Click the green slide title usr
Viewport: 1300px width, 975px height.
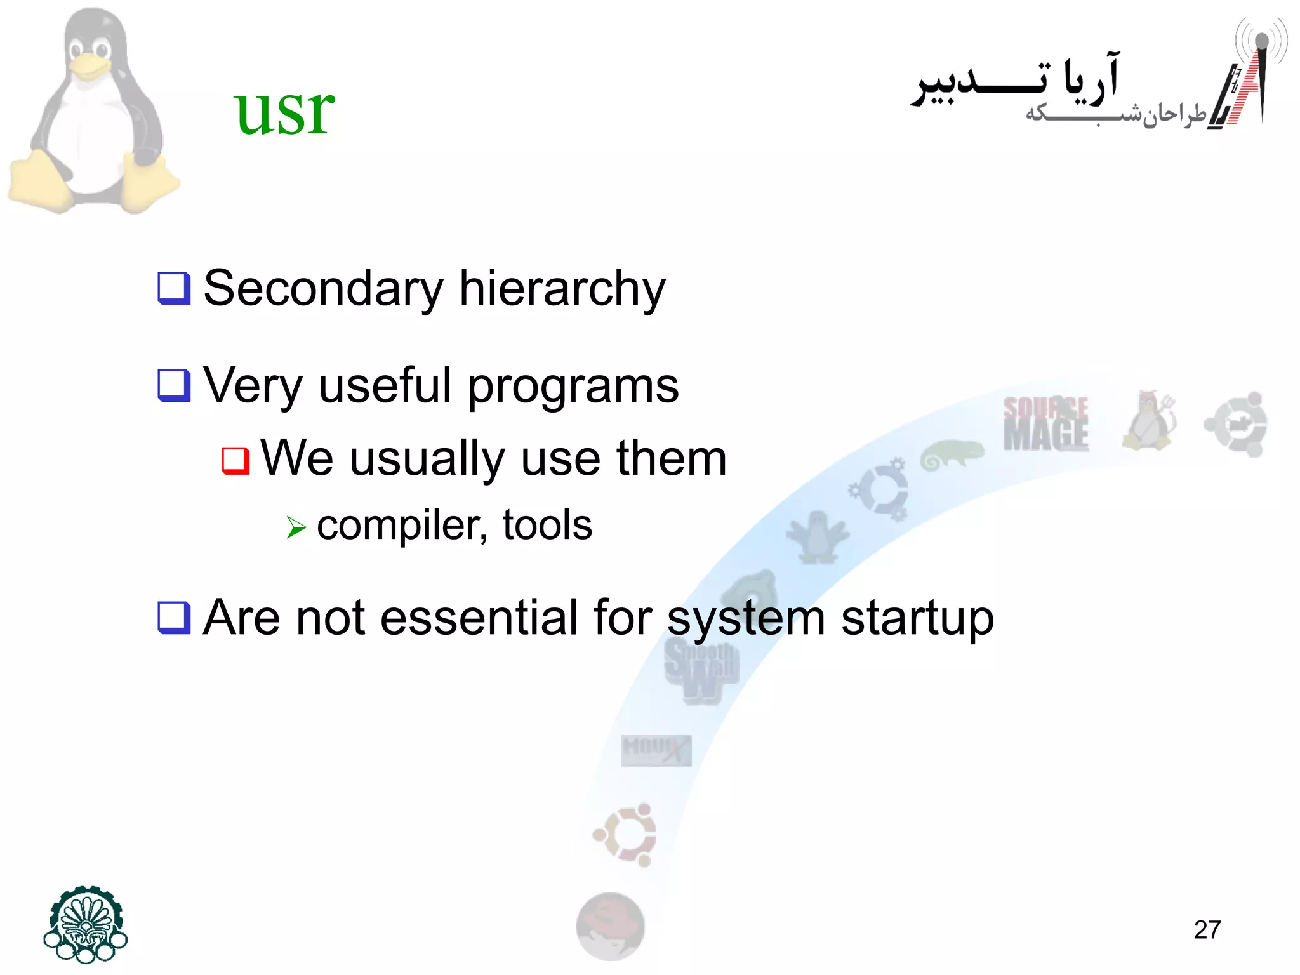tap(284, 111)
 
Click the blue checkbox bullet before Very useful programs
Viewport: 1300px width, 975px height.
tap(174, 385)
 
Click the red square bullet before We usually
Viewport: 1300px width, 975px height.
tap(235, 460)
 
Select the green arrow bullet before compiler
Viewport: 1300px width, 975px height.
tap(296, 527)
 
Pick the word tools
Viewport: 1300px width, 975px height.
tap(547, 525)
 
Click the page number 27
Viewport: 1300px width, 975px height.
tap(1207, 930)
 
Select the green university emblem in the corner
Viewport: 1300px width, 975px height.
tap(86, 924)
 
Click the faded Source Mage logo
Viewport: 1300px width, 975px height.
tap(1045, 423)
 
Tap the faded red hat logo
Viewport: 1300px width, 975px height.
tap(610, 926)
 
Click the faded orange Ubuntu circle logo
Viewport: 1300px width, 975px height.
tap(625, 835)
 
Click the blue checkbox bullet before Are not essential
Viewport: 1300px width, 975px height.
tap(174, 618)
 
